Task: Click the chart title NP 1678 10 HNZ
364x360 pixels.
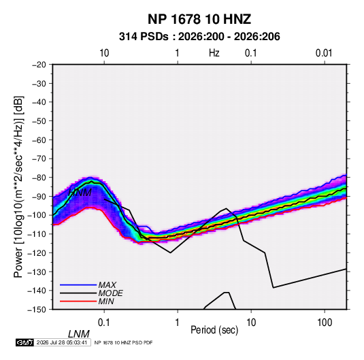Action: (199, 19)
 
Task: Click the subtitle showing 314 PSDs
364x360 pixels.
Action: (199, 37)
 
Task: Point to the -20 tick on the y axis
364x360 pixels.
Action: (39, 65)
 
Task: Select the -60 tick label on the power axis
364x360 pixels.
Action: (39, 140)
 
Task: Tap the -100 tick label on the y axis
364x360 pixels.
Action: (37, 215)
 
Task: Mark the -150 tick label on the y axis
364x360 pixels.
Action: (37, 310)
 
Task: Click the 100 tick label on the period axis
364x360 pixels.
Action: (325, 323)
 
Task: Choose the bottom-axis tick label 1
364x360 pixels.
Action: (178, 323)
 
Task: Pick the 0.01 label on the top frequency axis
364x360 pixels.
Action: (324, 53)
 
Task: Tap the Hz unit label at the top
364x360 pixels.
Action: (214, 53)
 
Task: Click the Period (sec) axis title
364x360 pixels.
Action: (214, 330)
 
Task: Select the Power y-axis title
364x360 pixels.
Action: (18, 187)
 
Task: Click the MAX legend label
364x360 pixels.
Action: (107, 285)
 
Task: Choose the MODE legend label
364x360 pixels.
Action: (110, 293)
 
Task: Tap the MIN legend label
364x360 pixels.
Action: (106, 301)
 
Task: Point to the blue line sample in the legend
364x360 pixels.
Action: (78, 285)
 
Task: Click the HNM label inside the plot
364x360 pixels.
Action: (80, 193)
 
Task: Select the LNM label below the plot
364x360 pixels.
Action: (78, 334)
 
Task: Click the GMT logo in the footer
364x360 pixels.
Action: (24, 342)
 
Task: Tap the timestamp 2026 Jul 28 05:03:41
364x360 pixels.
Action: (62, 342)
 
